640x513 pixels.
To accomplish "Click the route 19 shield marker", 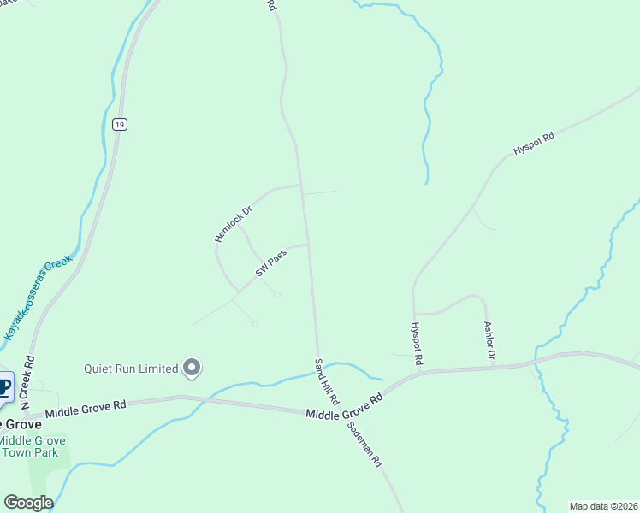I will coord(119,125).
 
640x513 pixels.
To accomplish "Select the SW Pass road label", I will coord(270,264).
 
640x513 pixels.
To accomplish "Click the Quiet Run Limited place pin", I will coord(192,369).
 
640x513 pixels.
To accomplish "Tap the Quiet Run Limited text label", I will coord(130,369).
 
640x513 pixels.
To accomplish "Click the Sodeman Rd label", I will coord(364,444).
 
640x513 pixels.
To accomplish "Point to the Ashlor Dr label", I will coord(489,343).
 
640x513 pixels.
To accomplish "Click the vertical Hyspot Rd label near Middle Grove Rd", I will coord(417,341).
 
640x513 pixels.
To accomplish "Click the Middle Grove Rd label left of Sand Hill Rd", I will coord(86,408).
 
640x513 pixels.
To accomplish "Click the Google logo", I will coord(28,503).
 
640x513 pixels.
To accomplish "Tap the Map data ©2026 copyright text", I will coord(603,506).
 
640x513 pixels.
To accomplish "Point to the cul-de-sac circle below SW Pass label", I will coord(276,295).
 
